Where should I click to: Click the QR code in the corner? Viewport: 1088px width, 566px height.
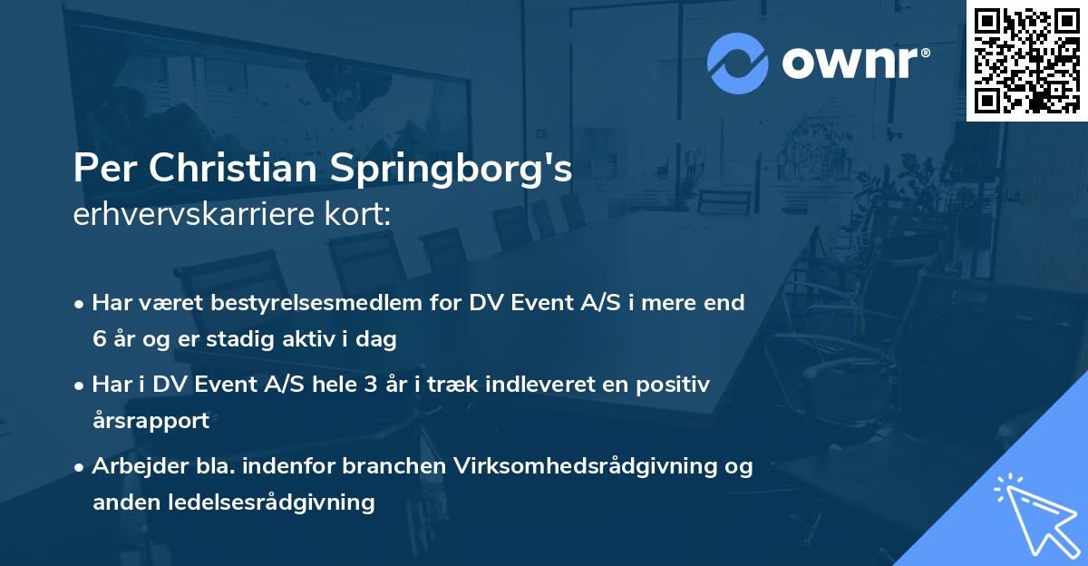click(x=1026, y=60)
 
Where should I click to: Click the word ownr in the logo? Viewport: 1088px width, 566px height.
click(x=854, y=63)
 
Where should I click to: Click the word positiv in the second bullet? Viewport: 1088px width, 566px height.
click(x=675, y=385)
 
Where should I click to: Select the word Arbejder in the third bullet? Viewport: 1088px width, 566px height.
click(x=132, y=466)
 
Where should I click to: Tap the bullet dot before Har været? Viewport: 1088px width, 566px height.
click(x=81, y=304)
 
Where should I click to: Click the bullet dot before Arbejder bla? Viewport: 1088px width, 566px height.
click(x=81, y=467)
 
